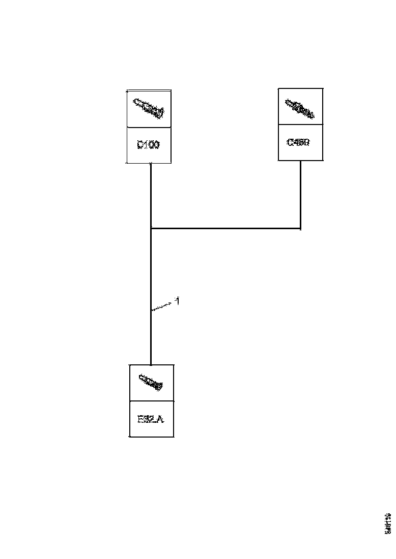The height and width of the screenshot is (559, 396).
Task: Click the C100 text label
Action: (148, 145)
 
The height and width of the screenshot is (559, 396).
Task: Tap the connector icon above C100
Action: (148, 108)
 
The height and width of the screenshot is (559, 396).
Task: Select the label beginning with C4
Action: (298, 142)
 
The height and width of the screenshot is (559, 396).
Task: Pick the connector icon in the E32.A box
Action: (151, 382)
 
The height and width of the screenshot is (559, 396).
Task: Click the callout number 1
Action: (177, 301)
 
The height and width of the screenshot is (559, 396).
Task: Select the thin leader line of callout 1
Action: (163, 305)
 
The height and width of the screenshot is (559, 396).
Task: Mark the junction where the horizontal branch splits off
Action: (151, 229)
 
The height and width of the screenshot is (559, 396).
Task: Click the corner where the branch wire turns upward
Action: (300, 229)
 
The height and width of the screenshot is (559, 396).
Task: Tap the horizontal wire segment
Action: (227, 229)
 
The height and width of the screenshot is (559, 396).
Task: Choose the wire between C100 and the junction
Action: (151, 196)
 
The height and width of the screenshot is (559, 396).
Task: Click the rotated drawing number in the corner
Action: (388, 522)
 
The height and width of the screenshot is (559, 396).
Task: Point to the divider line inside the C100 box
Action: (148, 127)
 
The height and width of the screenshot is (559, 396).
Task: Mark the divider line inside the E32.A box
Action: (151, 401)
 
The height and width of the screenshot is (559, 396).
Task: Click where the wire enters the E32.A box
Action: (151, 365)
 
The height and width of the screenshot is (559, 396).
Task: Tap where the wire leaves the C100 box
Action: (151, 164)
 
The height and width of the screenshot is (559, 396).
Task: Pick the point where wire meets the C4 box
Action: (300, 161)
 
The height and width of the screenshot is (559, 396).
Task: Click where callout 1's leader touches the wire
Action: (152, 309)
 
